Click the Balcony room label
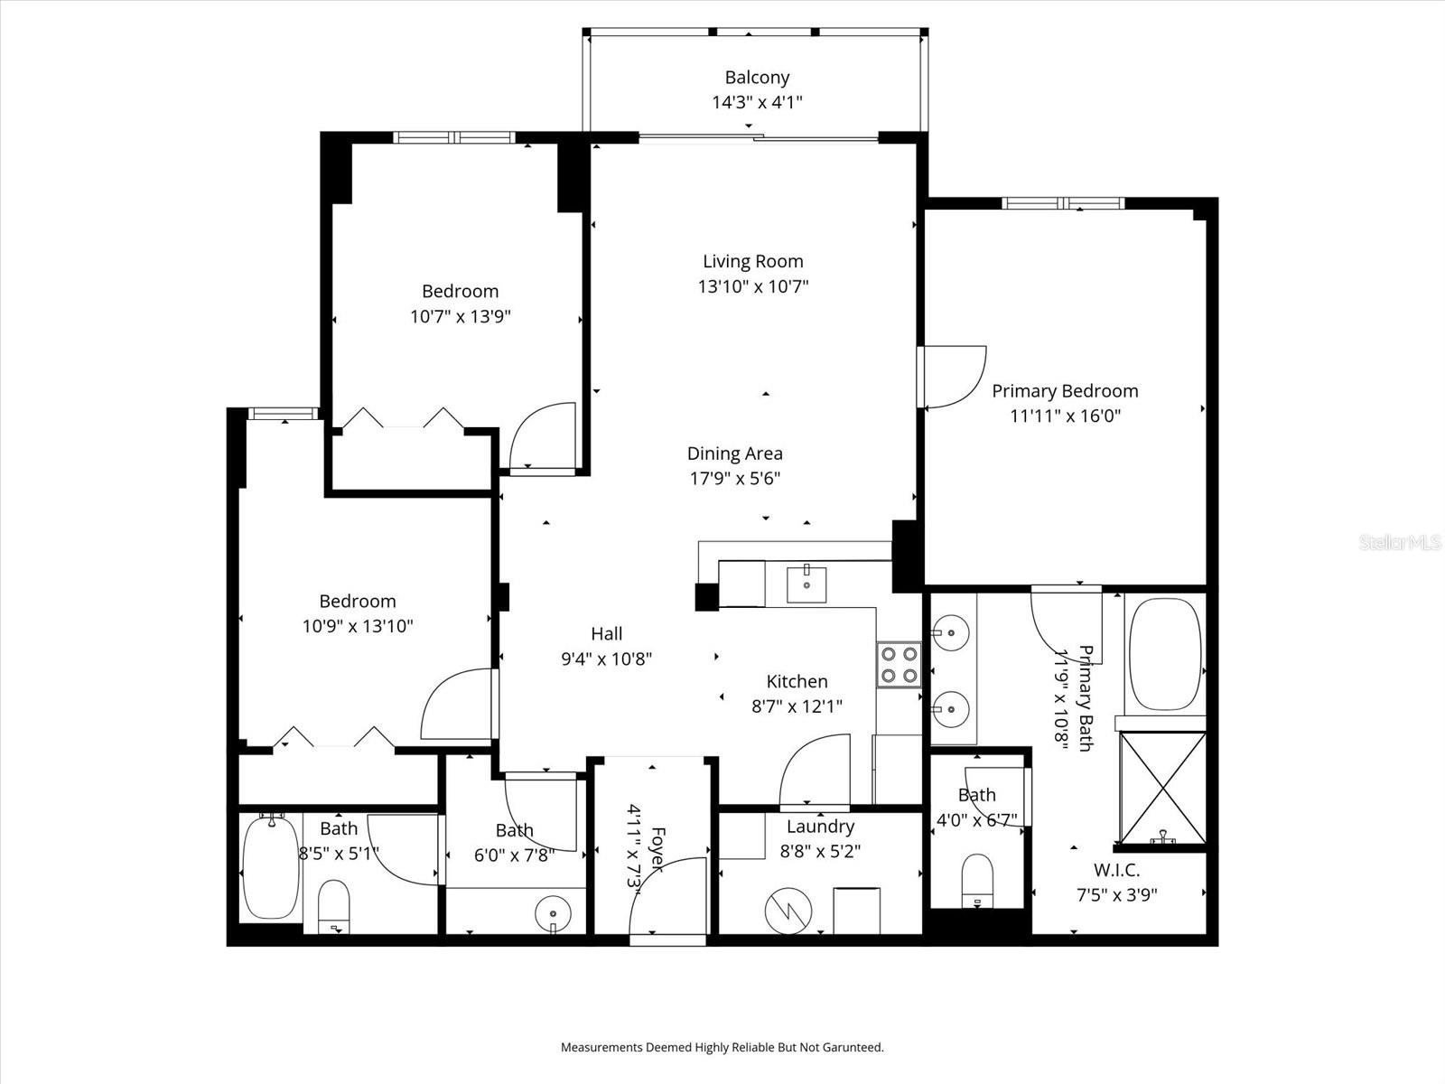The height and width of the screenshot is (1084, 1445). click(757, 78)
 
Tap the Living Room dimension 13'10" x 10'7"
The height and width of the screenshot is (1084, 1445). click(752, 287)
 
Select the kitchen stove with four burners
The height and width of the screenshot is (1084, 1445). click(898, 665)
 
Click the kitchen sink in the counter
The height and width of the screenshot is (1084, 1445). click(806, 583)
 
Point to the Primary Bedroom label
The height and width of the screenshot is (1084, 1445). click(1065, 391)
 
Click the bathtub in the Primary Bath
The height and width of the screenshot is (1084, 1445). click(1166, 654)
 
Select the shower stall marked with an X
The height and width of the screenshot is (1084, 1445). click(1162, 788)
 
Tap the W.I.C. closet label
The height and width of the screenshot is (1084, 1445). click(1116, 871)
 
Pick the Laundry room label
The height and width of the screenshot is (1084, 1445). click(820, 827)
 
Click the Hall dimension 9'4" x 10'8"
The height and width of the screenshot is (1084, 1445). click(606, 659)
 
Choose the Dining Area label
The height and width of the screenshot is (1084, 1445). click(734, 454)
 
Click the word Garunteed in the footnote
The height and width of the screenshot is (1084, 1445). click(846, 1048)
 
